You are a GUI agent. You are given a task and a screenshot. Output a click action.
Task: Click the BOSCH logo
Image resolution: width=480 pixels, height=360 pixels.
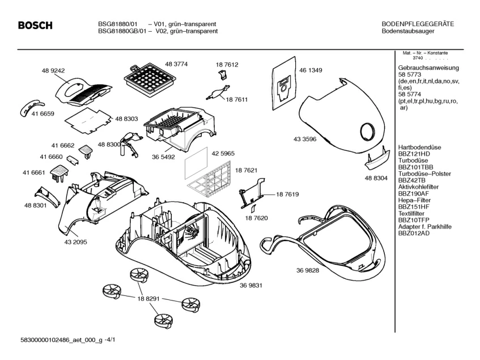coord(36,26)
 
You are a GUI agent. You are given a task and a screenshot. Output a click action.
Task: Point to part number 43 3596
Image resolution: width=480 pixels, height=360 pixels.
coord(305,139)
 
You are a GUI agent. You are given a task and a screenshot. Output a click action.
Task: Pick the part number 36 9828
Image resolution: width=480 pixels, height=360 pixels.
coord(307,270)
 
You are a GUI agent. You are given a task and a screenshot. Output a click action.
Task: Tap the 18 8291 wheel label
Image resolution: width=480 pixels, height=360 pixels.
coord(148,298)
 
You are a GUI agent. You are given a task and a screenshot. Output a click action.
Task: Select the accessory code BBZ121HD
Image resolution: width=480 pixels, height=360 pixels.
coord(414,154)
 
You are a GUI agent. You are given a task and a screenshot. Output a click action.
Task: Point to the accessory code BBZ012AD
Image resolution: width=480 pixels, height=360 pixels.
coord(414,233)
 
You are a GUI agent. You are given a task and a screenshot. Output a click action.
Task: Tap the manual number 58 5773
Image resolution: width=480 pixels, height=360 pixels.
coord(410,75)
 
